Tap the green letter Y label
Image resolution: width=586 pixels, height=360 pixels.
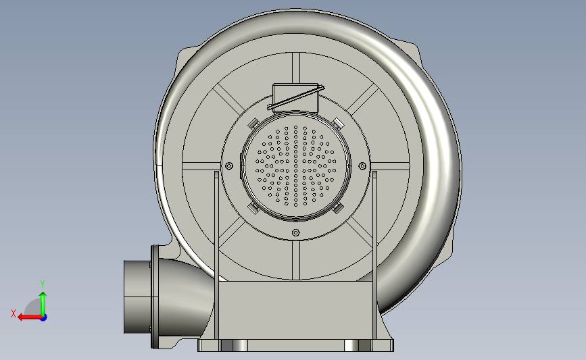click(x=42, y=284)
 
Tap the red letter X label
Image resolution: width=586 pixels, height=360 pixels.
click(x=13, y=313)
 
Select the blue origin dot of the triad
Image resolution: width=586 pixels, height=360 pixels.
click(x=43, y=317)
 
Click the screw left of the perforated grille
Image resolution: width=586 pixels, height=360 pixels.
click(x=229, y=165)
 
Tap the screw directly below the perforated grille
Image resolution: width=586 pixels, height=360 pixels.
click(x=295, y=232)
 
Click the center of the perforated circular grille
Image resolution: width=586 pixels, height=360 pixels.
click(x=295, y=165)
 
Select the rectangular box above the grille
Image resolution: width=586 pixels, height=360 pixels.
click(x=295, y=96)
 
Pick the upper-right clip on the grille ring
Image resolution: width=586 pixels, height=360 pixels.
click(x=337, y=122)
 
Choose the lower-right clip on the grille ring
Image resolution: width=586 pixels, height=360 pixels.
click(x=338, y=208)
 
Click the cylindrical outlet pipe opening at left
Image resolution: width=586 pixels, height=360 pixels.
click(x=135, y=297)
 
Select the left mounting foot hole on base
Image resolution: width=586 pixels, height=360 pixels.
click(x=234, y=346)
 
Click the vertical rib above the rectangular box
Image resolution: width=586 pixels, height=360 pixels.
click(x=295, y=68)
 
